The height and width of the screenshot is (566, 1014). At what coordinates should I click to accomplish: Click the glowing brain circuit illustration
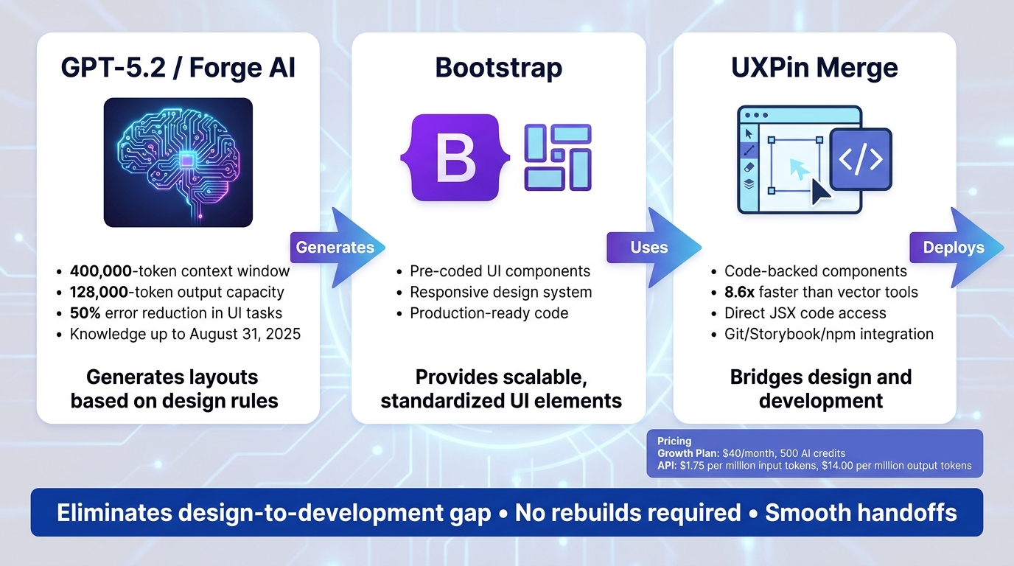178,162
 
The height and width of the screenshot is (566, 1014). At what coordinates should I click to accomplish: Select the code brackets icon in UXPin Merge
861,160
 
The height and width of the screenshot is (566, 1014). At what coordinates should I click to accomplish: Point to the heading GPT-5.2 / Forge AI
178,68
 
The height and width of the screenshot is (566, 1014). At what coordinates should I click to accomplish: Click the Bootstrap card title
498,68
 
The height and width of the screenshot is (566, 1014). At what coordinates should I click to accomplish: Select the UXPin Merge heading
814,68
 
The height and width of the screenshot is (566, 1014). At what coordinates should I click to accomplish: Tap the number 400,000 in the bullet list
100,270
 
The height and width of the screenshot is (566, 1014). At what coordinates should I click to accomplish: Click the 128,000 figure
100,292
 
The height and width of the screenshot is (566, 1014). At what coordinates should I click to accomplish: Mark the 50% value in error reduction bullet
85,312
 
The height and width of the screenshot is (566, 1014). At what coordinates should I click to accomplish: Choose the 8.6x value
743,292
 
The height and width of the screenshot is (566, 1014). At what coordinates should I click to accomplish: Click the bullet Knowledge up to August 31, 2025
185,334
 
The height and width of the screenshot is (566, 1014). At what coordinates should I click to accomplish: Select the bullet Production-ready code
489,312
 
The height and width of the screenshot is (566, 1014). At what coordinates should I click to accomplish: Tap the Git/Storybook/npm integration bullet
828,334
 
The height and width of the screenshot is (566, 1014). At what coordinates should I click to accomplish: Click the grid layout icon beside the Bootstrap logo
558,158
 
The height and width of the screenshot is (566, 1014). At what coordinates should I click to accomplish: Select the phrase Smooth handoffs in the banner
861,512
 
